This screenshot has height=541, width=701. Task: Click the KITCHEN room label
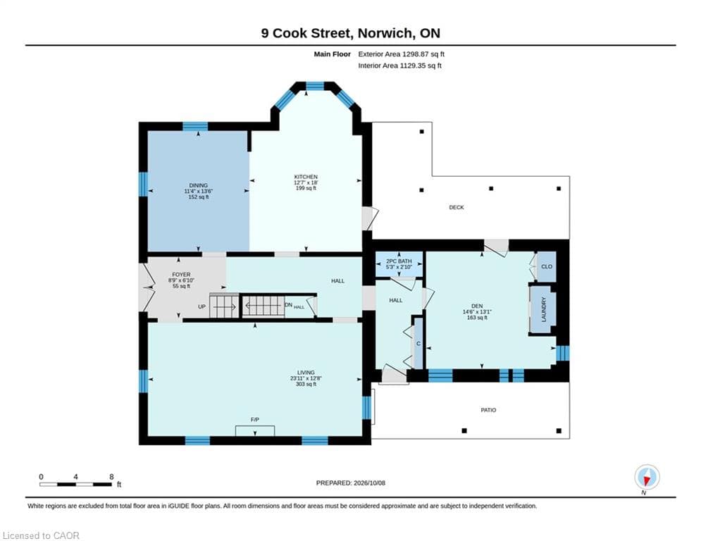(306, 177)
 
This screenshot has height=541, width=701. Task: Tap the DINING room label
(198, 185)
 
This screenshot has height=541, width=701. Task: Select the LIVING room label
(306, 373)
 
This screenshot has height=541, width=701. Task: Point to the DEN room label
(477, 306)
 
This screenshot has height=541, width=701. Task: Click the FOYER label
(181, 275)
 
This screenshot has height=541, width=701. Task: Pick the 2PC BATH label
(399, 261)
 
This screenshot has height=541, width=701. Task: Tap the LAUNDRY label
(544, 309)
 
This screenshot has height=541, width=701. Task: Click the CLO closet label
(547, 266)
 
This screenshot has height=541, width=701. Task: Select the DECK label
(457, 208)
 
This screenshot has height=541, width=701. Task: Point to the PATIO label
(488, 410)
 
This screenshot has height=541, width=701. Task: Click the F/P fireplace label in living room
(255, 419)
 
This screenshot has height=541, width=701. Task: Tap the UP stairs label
(202, 306)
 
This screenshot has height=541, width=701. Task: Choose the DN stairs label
(288, 305)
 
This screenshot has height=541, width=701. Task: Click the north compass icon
(647, 477)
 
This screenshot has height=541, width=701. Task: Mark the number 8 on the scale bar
(111, 477)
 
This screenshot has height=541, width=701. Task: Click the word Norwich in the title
(385, 33)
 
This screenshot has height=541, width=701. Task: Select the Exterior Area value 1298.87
(416, 54)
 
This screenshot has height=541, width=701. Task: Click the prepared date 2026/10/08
(369, 483)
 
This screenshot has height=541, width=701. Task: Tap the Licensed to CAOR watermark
(41, 535)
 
